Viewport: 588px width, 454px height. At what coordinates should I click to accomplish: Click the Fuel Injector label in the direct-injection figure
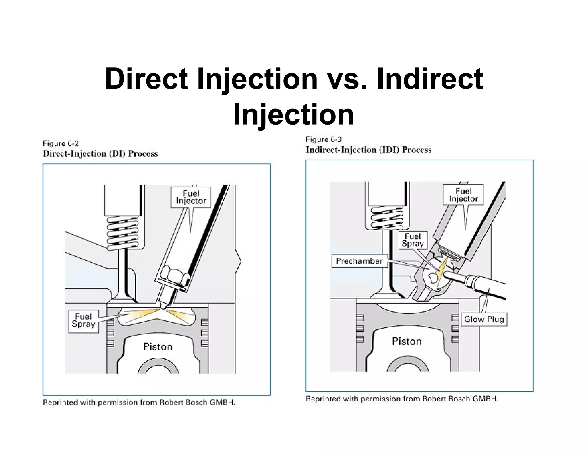[x=191, y=197]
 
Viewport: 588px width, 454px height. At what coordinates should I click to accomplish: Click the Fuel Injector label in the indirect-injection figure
[x=463, y=195]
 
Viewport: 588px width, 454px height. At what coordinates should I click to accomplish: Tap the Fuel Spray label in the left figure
[x=83, y=321]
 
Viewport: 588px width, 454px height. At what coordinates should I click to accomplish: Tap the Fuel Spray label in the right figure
[x=413, y=240]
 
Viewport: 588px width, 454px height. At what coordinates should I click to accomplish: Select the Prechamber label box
[x=359, y=261]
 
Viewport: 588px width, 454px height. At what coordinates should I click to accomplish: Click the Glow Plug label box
[x=484, y=319]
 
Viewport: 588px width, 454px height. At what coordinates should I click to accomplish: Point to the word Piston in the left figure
[x=158, y=347]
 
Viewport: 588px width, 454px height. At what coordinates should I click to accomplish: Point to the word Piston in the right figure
[x=407, y=341]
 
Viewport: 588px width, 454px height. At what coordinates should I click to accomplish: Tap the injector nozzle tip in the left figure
[x=164, y=306]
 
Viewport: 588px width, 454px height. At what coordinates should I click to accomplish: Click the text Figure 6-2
[x=61, y=143]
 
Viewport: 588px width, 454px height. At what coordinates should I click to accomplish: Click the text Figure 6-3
[x=323, y=140]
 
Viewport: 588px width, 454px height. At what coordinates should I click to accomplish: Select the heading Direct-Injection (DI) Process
[x=100, y=154]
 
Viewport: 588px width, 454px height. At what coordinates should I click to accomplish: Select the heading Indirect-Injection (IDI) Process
[x=368, y=150]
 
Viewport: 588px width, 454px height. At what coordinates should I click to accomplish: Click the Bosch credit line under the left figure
[x=139, y=403]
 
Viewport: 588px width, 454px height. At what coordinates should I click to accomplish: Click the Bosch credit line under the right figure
[x=402, y=399]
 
